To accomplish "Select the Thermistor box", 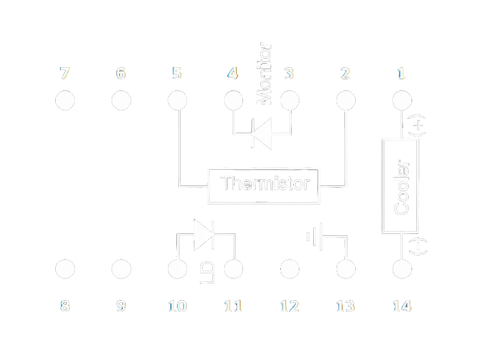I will click(x=264, y=183).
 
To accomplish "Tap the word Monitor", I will click(x=265, y=73).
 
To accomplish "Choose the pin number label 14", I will click(x=401, y=306).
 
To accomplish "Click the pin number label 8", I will click(x=65, y=306).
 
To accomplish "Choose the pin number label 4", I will click(x=232, y=74).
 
